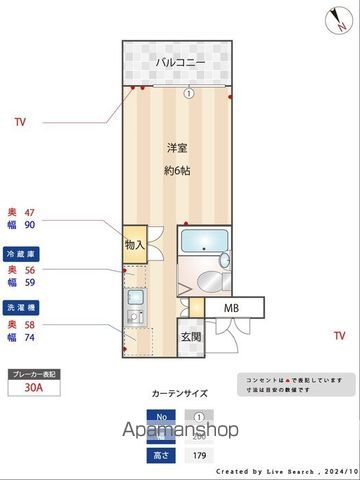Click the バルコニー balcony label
tap(180, 63)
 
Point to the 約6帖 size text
tap(179, 170)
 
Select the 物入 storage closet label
tap(135, 244)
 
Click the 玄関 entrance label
tap(191, 337)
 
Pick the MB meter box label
tap(231, 308)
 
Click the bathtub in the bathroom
tap(206, 241)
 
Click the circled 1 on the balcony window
tap(188, 94)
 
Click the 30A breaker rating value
tap(34, 392)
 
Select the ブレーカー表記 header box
tap(34, 375)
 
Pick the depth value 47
tap(29, 213)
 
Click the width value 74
tap(29, 338)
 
